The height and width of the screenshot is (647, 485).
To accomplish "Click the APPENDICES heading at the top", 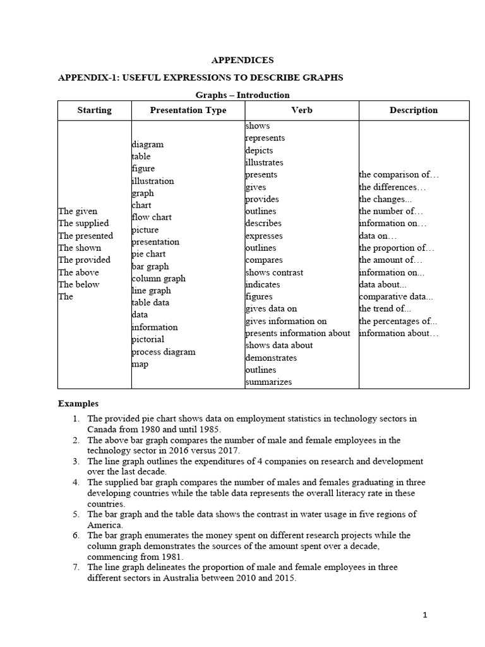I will click(242, 60).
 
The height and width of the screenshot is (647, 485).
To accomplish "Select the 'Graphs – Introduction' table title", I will click(242, 95).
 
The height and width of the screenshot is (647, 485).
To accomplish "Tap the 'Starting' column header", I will click(94, 110).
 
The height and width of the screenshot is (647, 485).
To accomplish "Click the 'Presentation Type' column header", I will click(188, 110).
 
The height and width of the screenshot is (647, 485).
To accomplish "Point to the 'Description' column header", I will click(413, 110).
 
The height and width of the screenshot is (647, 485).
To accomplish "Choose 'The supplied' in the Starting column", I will click(83, 223).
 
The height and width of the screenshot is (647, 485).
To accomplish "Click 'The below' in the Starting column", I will click(79, 284).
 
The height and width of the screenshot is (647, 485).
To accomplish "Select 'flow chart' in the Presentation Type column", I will click(152, 217).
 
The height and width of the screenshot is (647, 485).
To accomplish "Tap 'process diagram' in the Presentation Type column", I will click(164, 352).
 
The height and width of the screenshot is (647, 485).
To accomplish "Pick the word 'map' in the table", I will click(140, 364).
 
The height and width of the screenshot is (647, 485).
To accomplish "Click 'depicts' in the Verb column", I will click(259, 150).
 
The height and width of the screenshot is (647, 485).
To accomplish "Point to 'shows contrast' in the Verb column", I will click(274, 272).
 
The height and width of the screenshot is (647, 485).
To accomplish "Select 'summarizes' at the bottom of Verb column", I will click(268, 382).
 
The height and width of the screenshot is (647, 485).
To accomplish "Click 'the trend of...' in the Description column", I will click(385, 309).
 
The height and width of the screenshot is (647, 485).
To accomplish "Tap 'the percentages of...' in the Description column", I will click(398, 321).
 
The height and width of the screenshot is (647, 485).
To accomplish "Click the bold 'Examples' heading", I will click(78, 403).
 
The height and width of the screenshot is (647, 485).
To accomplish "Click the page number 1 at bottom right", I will click(426, 615).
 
